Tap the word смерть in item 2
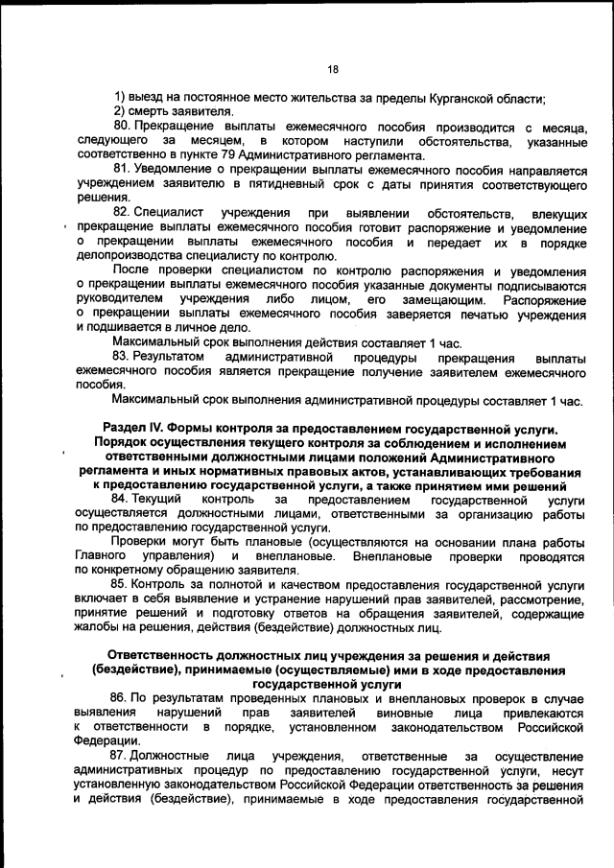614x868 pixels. point(151,113)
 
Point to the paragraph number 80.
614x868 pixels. point(121,128)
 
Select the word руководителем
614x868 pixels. point(121,299)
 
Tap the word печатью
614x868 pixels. point(459,314)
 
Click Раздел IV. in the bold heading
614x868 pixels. point(135,427)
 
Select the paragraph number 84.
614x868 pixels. point(121,499)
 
